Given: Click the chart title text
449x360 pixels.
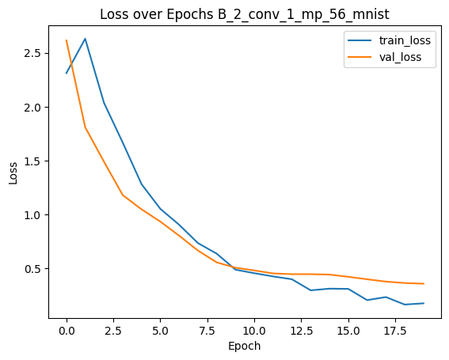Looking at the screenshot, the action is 245,14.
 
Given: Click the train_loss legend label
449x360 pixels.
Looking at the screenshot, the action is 405,40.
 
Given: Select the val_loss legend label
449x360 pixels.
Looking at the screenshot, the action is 401,57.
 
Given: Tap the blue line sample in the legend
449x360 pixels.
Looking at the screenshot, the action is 360,40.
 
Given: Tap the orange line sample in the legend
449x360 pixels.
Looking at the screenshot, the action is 360,57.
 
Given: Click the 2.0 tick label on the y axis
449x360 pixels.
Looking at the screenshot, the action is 32,108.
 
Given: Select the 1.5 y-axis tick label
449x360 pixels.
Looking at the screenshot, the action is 32,161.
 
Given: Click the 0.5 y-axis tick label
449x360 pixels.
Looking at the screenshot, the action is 32,269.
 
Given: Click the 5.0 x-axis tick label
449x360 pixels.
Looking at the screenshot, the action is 160,331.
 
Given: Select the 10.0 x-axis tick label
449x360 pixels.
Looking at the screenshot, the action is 254,331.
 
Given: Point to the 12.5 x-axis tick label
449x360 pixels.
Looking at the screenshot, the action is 301,331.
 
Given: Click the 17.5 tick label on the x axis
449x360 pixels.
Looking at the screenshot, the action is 395,331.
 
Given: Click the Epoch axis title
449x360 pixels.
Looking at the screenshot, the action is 245,347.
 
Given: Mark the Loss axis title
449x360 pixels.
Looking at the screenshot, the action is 13,173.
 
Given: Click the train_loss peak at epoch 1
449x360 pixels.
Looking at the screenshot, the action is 86,39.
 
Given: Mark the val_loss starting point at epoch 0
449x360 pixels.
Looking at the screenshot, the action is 67,40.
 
